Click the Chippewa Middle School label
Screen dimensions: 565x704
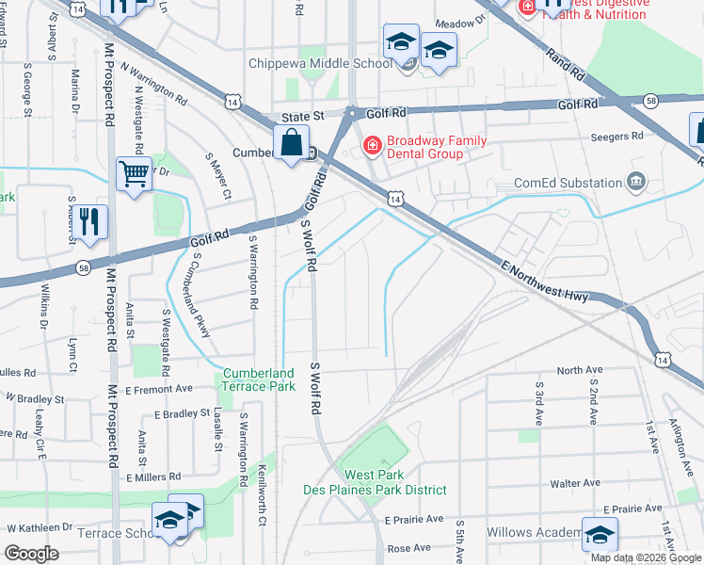(x=319, y=64)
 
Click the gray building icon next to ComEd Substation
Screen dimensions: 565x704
(x=636, y=181)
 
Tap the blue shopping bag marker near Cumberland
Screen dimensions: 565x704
(x=292, y=145)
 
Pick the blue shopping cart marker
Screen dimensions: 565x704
(x=134, y=173)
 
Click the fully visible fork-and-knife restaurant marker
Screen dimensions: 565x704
(x=90, y=221)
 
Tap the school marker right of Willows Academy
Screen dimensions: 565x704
(x=599, y=535)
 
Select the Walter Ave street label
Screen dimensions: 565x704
(x=576, y=483)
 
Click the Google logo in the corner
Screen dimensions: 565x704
(x=32, y=554)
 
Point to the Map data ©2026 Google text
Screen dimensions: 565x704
(x=645, y=557)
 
